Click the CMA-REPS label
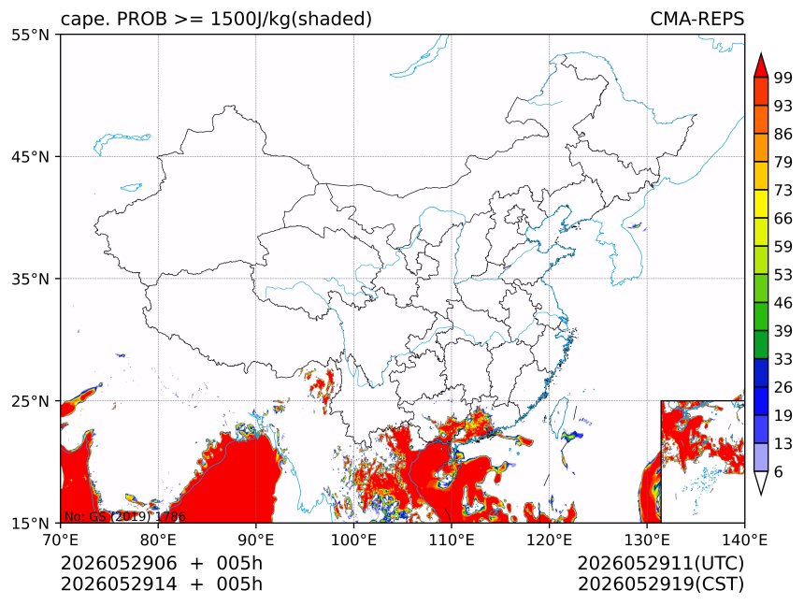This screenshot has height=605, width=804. click(x=696, y=19)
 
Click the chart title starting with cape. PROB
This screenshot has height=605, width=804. click(x=216, y=19)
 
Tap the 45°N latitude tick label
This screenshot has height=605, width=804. click(x=30, y=156)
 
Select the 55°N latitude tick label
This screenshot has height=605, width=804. click(x=30, y=35)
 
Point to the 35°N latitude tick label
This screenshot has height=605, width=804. click(x=30, y=279)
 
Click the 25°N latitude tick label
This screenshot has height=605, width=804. click(x=30, y=401)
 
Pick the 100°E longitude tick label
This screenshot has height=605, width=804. click(x=353, y=540)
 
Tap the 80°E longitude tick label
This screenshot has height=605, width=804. click(x=158, y=540)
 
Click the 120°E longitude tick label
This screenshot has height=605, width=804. click(x=549, y=540)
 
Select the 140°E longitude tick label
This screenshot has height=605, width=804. click(x=744, y=540)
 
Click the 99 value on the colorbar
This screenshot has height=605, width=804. click(x=783, y=78)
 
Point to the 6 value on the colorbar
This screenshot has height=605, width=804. click(x=779, y=471)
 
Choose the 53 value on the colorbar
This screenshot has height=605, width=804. click(x=783, y=275)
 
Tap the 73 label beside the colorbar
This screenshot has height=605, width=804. click(x=783, y=190)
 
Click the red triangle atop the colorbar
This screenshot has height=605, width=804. click(x=761, y=66)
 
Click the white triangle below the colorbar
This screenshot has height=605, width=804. click(x=761, y=482)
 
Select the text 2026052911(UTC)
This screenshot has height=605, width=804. click(x=660, y=564)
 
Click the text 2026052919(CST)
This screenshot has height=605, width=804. click(x=660, y=584)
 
